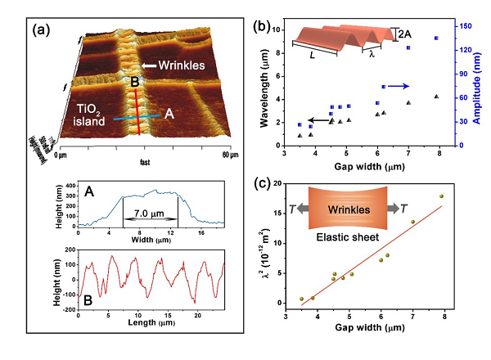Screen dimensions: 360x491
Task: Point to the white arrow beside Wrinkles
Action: (151, 66)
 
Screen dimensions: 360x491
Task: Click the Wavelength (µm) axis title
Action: (265, 86)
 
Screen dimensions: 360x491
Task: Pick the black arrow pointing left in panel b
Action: (318, 119)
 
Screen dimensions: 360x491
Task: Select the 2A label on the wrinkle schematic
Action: (404, 34)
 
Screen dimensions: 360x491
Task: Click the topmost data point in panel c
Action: (442, 196)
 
